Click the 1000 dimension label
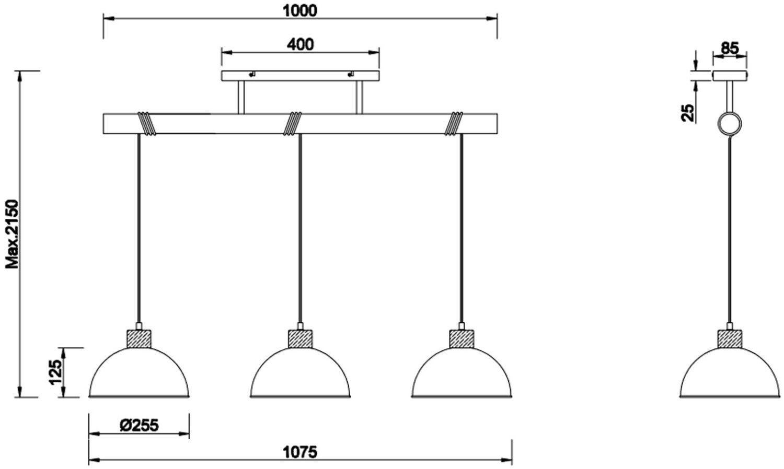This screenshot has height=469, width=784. pos(300,10)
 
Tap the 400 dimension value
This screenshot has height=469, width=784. pos(300,44)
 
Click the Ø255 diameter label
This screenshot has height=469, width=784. pos(139,425)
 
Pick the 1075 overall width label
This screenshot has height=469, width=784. pos(300,452)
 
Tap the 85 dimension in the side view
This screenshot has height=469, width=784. pos(730,48)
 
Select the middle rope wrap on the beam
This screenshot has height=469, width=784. pos(293,124)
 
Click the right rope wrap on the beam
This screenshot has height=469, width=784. pos(454,124)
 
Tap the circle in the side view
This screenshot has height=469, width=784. pos(730,124)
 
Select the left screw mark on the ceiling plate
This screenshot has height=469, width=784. pos(252,74)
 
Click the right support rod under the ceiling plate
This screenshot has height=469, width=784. pos(359,97)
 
